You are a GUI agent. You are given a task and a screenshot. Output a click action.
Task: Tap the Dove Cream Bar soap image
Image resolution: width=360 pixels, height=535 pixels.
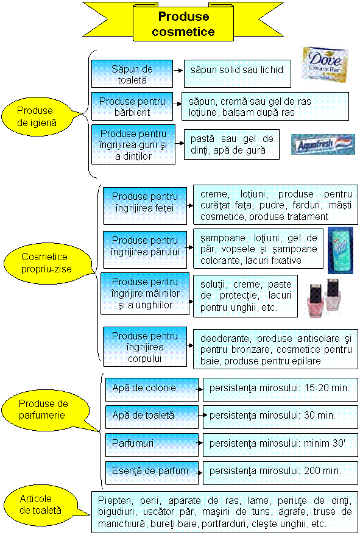click(x=325, y=64)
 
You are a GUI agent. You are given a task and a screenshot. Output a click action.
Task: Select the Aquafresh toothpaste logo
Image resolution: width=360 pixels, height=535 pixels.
click(x=323, y=144)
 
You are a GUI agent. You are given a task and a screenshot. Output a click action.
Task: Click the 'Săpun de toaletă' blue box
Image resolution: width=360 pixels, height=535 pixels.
click(x=132, y=74)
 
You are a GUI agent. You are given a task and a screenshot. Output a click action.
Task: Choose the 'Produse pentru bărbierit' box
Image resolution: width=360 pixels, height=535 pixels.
click(x=132, y=107)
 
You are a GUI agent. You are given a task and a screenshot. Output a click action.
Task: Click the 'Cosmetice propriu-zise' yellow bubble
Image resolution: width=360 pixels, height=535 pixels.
click(x=48, y=263)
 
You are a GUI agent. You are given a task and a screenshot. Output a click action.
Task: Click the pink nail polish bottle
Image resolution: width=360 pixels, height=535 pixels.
click(x=316, y=300)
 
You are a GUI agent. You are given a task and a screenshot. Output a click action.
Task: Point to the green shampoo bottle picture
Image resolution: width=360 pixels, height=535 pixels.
click(x=341, y=250)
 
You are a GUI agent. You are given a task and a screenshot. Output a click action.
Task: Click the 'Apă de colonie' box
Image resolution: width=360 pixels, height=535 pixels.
click(x=152, y=389)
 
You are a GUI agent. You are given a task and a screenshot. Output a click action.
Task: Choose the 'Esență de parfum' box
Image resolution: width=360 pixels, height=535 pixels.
click(x=152, y=473)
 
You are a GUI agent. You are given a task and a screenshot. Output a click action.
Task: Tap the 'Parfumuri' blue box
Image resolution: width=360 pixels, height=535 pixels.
click(x=152, y=445)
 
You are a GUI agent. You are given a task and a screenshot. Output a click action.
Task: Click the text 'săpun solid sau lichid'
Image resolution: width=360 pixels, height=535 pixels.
click(x=237, y=70)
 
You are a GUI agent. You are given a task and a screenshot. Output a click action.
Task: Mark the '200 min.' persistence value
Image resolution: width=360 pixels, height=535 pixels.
click(x=322, y=471)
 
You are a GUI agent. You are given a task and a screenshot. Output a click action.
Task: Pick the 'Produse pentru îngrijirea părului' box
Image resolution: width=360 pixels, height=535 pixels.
click(x=145, y=249)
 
